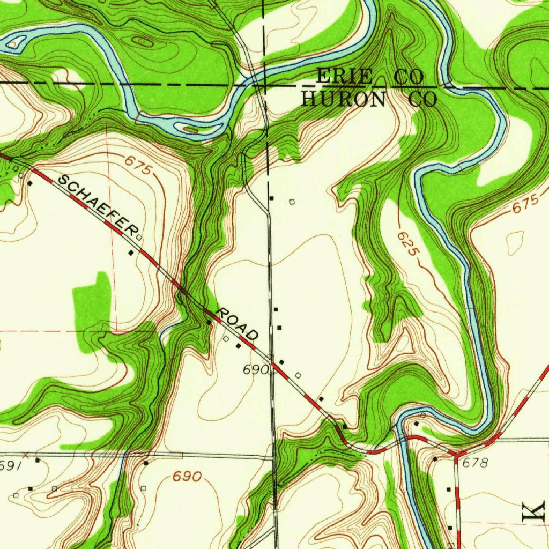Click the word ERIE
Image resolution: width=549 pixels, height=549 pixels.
[x=344, y=77]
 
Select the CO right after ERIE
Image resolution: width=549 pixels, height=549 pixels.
[x=409, y=77]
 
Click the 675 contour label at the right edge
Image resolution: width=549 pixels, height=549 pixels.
[x=523, y=204]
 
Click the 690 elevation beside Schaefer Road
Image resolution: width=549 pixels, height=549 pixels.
[x=255, y=370]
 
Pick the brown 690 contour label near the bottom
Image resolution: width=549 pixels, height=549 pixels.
[x=187, y=477]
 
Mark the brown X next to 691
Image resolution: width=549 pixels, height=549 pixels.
[x=25, y=456]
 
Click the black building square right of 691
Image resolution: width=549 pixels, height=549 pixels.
[x=37, y=461]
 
